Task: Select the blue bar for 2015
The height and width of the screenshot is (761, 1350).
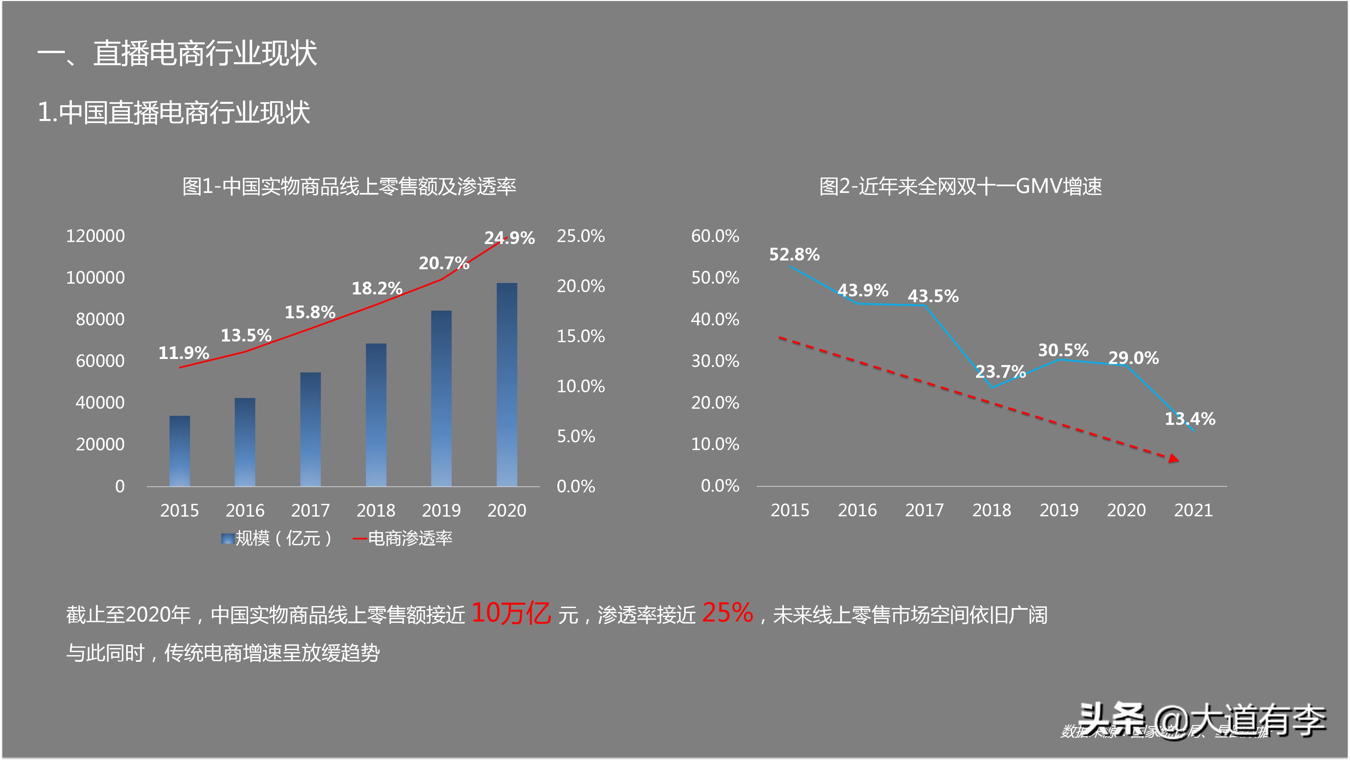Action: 180,451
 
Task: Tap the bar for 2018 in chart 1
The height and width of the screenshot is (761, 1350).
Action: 376,415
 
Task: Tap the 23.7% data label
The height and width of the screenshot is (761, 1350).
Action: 1000,371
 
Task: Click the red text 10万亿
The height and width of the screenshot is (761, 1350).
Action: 511,613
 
